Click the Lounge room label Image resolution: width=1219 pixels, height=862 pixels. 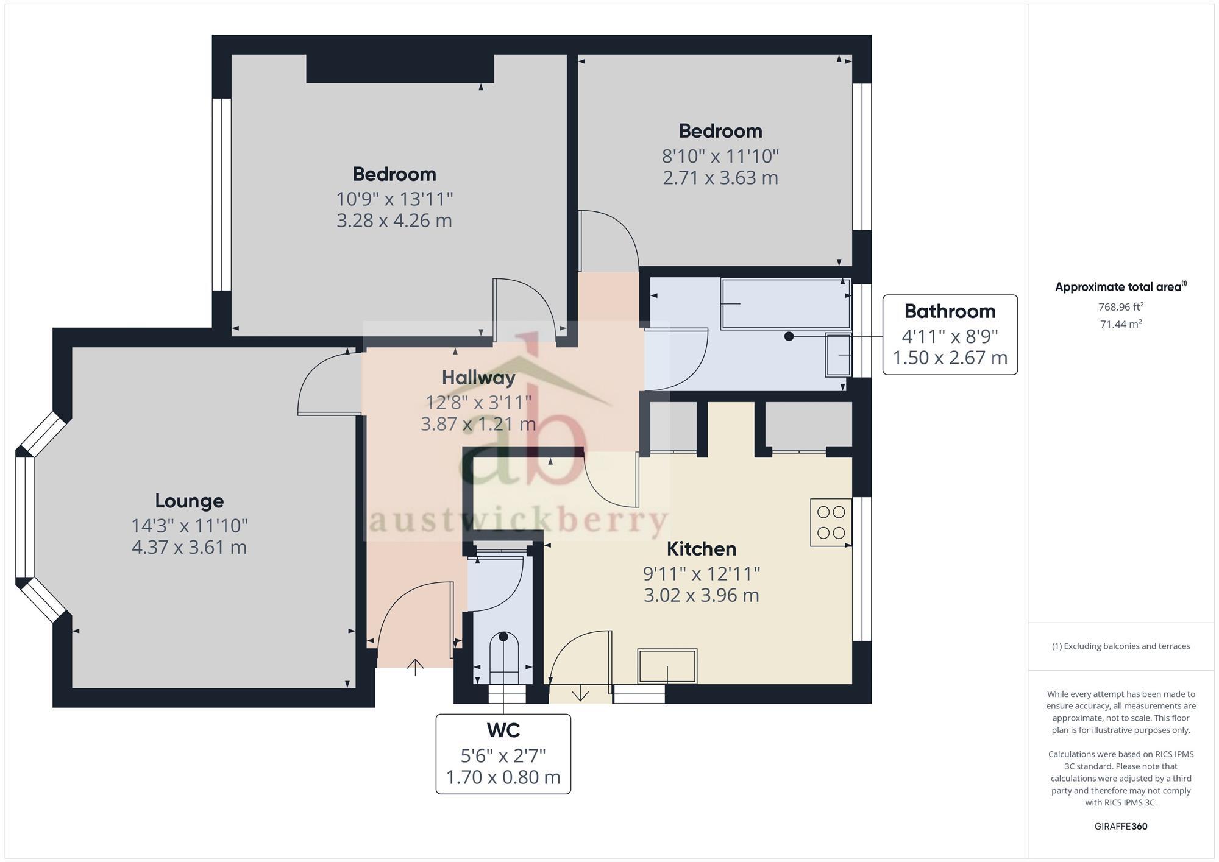tap(189, 501)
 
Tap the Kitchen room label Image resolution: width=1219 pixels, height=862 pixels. tap(701, 549)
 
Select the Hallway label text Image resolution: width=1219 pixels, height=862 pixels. tap(478, 378)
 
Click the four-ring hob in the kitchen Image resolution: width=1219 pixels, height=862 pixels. tap(831, 522)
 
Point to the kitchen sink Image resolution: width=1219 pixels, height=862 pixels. tap(667, 666)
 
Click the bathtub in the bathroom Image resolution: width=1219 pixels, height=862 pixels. tap(786, 303)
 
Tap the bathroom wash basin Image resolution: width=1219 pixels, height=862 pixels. tap(838, 354)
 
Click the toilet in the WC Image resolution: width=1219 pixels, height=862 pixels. tap(503, 658)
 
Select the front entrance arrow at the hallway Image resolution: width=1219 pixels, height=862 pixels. tap(415, 667)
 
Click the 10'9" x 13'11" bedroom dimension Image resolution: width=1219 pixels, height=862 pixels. tap(394, 199)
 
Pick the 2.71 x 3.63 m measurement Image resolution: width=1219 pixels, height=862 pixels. tap(720, 178)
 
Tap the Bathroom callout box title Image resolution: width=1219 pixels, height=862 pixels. tap(950, 311)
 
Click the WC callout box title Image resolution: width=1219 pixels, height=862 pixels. tap(503, 730)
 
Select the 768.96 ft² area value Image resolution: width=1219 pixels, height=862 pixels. tap(1120, 307)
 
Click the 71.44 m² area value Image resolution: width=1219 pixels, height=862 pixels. tap(1120, 324)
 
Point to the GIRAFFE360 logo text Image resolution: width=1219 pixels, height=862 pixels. tap(1120, 826)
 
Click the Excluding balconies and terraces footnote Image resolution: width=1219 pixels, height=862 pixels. tap(1120, 646)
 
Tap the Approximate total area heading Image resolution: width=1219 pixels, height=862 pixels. tap(1120, 287)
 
